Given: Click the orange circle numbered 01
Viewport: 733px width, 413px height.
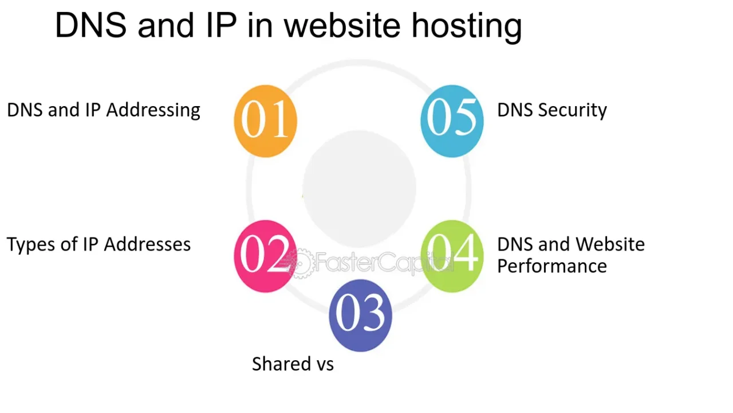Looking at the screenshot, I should coord(265,120).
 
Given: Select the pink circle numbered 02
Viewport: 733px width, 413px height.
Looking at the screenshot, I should coord(265,256).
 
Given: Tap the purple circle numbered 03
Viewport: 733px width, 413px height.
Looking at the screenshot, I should coord(360,315).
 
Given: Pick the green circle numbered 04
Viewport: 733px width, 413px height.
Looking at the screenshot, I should coord(452,256).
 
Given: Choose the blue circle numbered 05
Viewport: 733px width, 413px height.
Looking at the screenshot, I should coord(452,120).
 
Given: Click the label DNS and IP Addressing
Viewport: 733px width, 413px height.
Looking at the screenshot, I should coord(104,110).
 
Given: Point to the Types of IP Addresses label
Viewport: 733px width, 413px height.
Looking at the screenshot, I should coord(98,244).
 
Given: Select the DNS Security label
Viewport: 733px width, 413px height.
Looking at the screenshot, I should coord(551,110).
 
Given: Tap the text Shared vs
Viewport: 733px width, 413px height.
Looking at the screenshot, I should coord(293,364).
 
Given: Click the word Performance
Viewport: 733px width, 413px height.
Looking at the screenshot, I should coord(551,266).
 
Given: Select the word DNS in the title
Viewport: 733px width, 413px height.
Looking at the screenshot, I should coord(90,25).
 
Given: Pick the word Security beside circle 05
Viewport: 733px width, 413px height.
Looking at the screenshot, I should coord(573,110).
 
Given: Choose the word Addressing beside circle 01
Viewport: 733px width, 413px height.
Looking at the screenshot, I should coord(153,110).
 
